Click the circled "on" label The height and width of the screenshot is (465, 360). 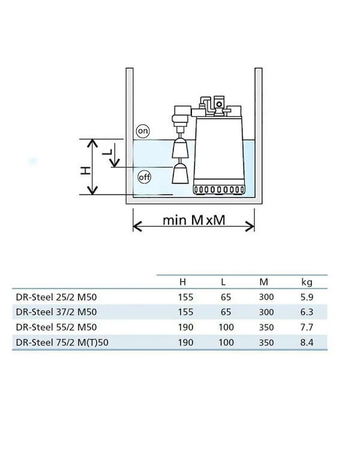pos(143,131)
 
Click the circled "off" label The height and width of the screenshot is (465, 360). pos(145,177)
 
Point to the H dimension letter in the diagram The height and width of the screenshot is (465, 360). pos(86,170)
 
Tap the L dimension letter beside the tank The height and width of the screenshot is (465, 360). pos(107,152)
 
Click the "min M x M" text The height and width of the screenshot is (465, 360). pos(194,220)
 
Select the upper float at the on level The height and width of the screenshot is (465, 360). pos(180,148)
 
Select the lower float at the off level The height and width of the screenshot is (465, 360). pos(180,173)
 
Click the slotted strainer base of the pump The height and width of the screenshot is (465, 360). pos(219,190)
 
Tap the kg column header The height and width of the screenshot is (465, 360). pos(307,282)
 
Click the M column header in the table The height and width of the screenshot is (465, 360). pos(263,282)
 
